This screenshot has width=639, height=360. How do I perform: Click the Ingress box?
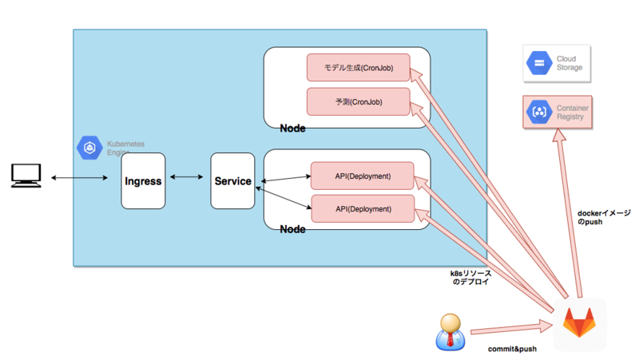[143, 181]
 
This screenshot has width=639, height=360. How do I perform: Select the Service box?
[232, 181]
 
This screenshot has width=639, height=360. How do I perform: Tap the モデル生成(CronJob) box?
[358, 68]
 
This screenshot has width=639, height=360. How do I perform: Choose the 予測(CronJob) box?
[358, 101]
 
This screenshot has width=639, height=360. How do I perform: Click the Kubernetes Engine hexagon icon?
[87, 148]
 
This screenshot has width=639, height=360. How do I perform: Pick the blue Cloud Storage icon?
[538, 63]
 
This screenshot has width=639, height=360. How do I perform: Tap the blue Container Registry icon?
[538, 112]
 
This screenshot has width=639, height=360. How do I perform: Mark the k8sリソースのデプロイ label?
[471, 277]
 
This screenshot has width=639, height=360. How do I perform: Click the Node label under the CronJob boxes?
[292, 129]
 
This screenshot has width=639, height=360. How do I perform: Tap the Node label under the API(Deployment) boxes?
[292, 230]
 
